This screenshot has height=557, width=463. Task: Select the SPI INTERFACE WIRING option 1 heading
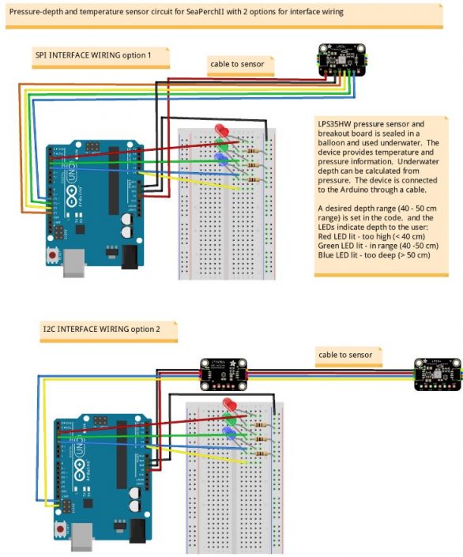(102, 56)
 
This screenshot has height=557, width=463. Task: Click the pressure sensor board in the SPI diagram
(340, 62)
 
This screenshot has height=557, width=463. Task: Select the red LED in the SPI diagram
(221, 131)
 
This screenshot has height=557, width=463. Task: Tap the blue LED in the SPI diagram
(222, 159)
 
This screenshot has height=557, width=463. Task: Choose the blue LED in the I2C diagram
(230, 433)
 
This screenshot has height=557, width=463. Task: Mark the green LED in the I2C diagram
(231, 420)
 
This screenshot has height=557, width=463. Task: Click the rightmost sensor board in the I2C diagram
(438, 374)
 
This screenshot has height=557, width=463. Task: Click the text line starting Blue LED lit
(372, 255)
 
